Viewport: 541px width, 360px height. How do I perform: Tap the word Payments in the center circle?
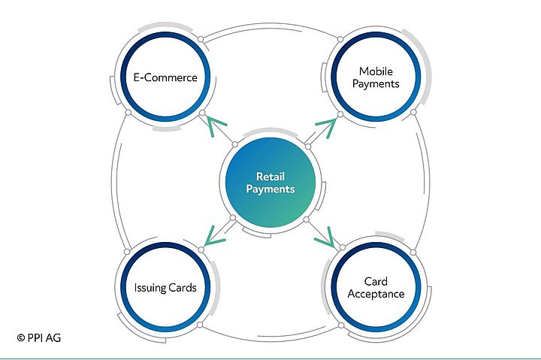(270, 189)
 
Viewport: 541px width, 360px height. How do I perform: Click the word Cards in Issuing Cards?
(183, 287)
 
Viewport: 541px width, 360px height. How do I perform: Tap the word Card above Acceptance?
(376, 280)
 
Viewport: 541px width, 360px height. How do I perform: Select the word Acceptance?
(376, 293)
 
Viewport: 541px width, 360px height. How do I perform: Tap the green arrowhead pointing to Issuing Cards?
(213, 238)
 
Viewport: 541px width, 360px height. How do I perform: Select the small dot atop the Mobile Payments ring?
(340, 38)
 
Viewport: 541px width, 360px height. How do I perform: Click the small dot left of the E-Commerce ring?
(128, 113)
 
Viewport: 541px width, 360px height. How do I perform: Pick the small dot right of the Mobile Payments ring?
(414, 112)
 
